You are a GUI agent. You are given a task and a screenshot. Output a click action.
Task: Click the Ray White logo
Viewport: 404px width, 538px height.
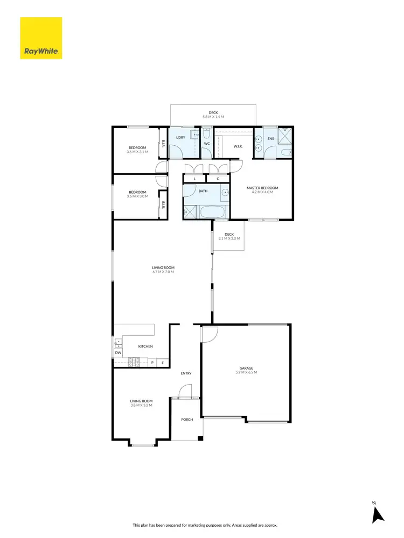41,38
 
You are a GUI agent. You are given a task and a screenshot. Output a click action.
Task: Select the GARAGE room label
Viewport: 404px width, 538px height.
246,369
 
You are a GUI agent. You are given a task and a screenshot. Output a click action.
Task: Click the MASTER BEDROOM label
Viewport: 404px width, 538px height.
262,188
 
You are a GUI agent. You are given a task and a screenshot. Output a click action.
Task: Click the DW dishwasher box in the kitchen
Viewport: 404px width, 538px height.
118,353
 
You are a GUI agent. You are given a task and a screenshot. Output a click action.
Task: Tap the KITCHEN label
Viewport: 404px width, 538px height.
145,346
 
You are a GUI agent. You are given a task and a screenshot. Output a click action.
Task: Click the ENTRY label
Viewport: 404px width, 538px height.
186,373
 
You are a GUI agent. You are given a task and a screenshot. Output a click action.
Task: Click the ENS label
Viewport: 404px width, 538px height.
270,139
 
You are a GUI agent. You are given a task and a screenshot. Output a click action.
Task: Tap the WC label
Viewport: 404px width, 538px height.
206,143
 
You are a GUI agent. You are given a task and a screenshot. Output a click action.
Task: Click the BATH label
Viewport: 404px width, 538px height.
203,190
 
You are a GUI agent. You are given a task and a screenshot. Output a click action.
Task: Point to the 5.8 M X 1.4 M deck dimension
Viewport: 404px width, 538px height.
213,117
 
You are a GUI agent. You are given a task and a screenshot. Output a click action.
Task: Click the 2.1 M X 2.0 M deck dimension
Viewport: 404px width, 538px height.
229,238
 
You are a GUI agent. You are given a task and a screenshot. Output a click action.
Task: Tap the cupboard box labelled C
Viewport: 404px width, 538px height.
218,179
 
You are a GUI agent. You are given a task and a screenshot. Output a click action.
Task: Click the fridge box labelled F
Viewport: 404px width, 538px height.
164,363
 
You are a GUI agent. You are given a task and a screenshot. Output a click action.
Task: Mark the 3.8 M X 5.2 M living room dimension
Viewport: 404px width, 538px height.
141,405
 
